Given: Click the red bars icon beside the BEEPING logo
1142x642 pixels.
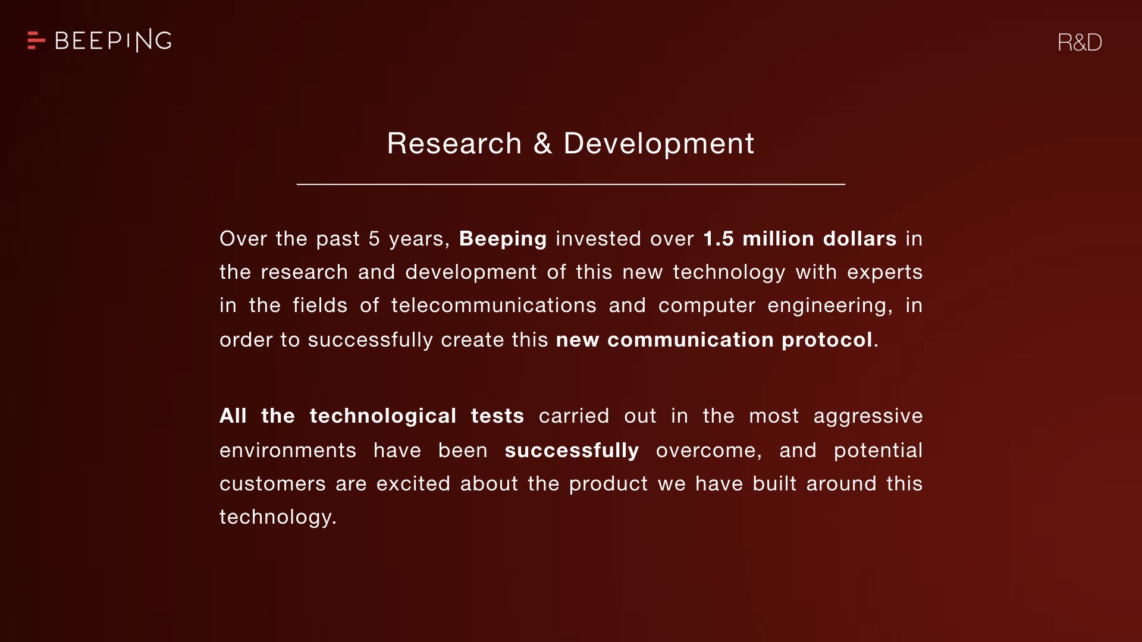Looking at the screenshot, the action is coord(36,40).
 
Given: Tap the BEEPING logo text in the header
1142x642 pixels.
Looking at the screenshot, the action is coord(113,40).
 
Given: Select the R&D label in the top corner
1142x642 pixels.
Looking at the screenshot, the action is coord(1080,42).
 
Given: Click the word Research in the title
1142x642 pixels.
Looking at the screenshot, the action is coord(454,143).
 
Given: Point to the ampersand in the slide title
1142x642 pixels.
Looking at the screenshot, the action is coord(542,143).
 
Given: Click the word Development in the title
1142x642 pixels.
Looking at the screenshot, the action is coord(659,144).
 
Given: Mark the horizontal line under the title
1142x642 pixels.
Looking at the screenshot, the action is coord(571,184).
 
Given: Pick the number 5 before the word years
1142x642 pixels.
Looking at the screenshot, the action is coord(374,238).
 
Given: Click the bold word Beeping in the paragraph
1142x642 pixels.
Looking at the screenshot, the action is coord(503,239).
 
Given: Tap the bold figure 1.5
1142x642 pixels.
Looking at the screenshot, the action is coord(719,238).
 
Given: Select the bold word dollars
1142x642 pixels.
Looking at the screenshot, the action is coord(860,238).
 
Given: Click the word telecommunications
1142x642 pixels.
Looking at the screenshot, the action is coord(494,305).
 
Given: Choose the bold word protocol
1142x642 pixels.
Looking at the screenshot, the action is coord(827,340).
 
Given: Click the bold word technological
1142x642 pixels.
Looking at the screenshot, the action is coord(383,416).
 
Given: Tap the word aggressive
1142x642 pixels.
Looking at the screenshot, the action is coord(868,416).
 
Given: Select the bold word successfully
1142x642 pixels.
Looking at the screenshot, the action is coord(572,450).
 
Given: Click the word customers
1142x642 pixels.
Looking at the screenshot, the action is coord(272,484).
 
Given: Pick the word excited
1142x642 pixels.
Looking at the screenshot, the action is coord(413,483).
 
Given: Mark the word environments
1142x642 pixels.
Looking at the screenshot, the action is coord(288,451).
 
